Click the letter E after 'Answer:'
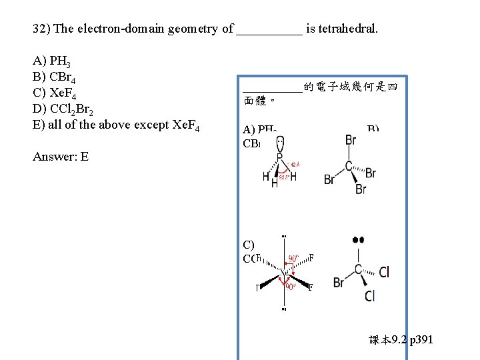(x=85, y=157)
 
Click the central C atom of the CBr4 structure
(x=349, y=166)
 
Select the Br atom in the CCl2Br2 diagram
(x=339, y=283)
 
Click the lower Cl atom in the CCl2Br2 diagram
(x=369, y=296)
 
